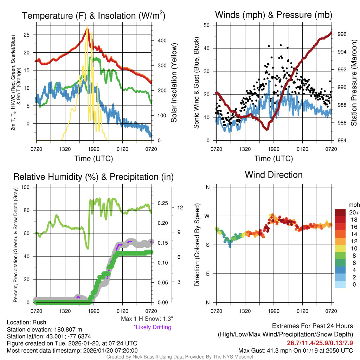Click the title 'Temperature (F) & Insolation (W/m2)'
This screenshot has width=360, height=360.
94,15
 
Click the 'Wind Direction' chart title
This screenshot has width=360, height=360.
274,175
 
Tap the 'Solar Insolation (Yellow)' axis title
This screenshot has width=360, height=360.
174,83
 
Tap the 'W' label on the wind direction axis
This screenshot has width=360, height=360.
208,216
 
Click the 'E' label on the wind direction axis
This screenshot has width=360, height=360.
208,274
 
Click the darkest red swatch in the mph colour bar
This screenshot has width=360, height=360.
341,212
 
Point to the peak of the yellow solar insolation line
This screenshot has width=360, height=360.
87,26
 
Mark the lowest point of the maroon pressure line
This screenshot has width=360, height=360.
267,129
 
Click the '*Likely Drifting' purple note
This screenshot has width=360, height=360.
152,327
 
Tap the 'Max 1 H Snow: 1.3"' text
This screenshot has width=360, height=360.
147,319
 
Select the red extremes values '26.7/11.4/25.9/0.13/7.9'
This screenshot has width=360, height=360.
320,343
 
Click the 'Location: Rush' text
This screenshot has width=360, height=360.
26,322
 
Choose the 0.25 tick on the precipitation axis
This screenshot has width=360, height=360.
162,203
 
